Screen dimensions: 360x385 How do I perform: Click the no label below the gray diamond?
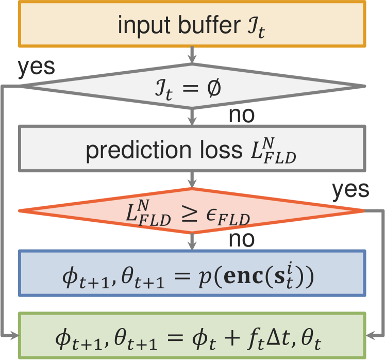[x=241, y=116]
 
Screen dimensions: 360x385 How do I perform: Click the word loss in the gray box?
[x=212, y=151]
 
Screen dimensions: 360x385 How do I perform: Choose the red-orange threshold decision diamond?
[x=192, y=210]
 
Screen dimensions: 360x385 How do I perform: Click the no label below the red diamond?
[x=241, y=240]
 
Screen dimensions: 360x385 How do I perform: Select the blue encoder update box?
[x=192, y=273]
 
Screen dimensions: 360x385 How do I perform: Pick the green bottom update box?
[x=192, y=335]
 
